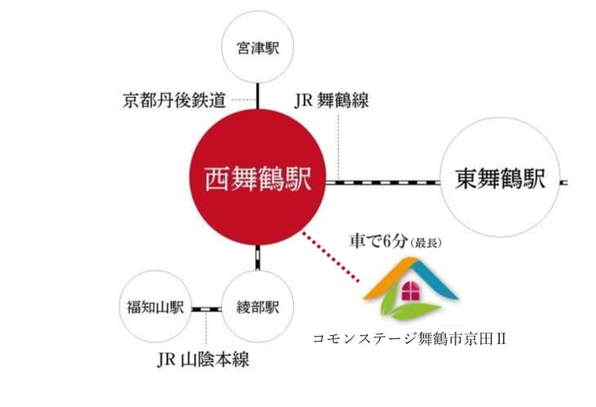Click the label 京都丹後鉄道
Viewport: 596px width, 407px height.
point(174,101)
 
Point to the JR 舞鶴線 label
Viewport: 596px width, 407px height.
point(331,101)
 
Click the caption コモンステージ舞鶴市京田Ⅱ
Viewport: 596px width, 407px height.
point(410,338)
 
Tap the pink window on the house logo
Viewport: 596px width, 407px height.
point(410,292)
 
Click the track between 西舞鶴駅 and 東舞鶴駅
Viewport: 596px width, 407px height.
point(383,181)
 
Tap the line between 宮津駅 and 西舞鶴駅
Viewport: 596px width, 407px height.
point(258,94)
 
